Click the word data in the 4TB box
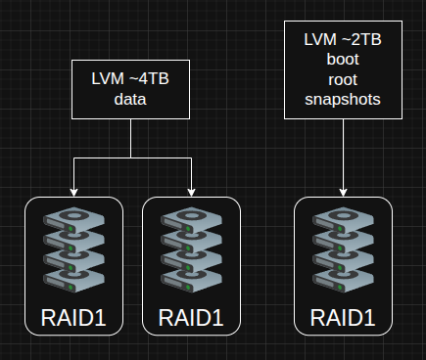130,99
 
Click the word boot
343,59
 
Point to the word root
343,80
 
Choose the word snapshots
343,100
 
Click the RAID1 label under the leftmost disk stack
73,318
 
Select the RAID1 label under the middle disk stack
191,318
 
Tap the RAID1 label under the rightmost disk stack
343,318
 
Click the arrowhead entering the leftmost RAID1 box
74,193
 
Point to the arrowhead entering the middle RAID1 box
191,193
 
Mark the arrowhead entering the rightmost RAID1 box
343,193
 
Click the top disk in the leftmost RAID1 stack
73,219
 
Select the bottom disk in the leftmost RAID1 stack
73,281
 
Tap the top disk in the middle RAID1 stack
191,219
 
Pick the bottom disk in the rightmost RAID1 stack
343,281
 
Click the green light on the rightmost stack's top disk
340,229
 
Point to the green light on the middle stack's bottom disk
188,288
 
